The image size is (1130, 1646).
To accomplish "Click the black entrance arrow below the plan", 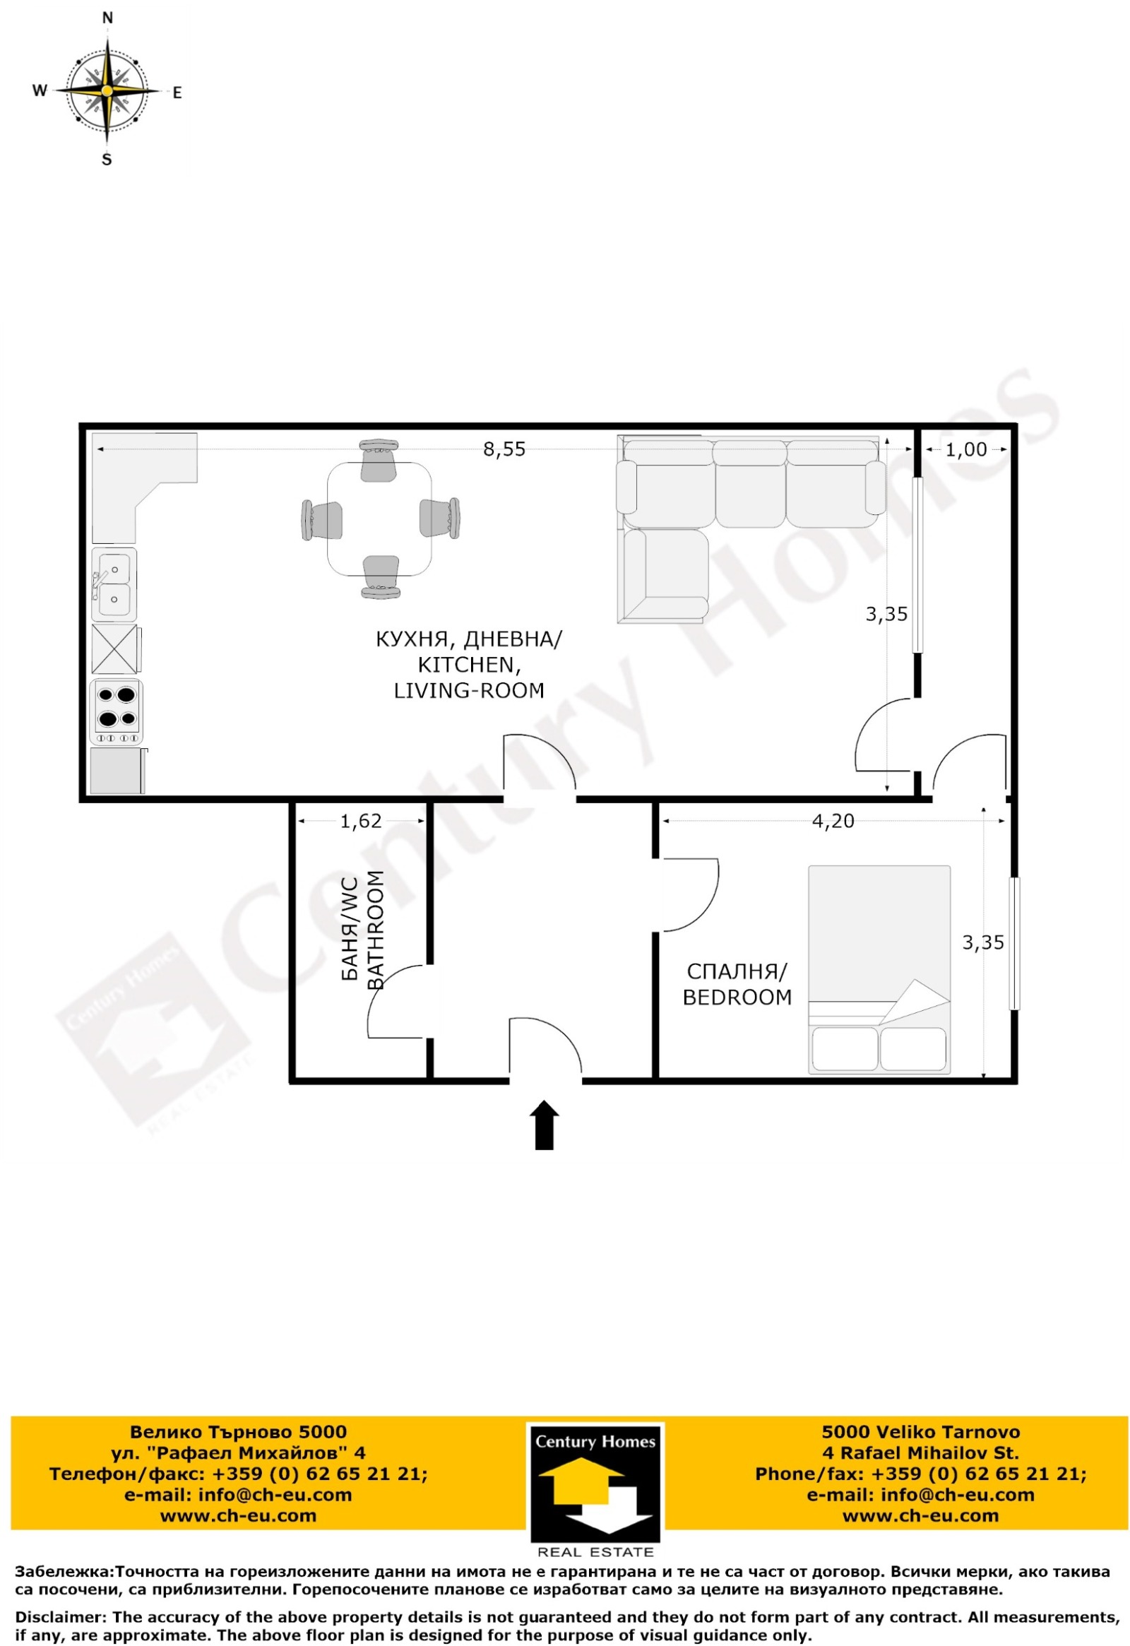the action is pyautogui.click(x=545, y=1125).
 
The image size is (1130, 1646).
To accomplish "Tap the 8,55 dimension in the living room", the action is pyautogui.click(x=504, y=450).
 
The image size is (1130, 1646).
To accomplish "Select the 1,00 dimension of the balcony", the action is pyautogui.click(x=966, y=450).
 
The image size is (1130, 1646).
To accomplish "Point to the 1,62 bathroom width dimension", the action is pyautogui.click(x=361, y=821).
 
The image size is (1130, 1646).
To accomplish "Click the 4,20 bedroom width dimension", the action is pyautogui.click(x=833, y=821).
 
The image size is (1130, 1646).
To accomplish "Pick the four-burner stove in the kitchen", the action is pyautogui.click(x=117, y=712).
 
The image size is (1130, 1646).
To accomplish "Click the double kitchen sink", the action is pyautogui.click(x=114, y=585).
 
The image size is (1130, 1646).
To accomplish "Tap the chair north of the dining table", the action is pyautogui.click(x=379, y=460).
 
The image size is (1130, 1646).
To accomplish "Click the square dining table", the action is pyautogui.click(x=379, y=519).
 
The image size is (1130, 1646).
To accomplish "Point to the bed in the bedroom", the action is pyautogui.click(x=879, y=970).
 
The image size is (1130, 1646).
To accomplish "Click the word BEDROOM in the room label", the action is pyautogui.click(x=737, y=997).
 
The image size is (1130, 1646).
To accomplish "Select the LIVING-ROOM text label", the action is pyautogui.click(x=469, y=691).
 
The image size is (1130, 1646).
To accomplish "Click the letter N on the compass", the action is pyautogui.click(x=107, y=18).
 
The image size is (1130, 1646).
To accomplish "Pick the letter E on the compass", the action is pyautogui.click(x=178, y=93).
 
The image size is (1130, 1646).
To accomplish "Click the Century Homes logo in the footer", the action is pyautogui.click(x=595, y=1489).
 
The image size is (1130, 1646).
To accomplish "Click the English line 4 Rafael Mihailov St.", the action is pyautogui.click(x=920, y=1452).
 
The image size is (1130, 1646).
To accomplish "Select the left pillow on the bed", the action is pyautogui.click(x=845, y=1049).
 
